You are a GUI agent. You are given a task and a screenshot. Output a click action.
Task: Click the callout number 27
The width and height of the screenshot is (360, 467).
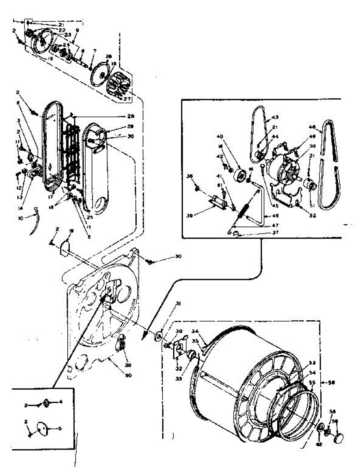(x=127, y=99)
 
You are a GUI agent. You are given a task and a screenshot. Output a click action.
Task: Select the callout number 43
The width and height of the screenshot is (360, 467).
(x=275, y=117)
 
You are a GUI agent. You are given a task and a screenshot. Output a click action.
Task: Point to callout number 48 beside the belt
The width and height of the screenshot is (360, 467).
(x=312, y=126)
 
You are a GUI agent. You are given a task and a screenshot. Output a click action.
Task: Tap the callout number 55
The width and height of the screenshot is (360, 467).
(x=312, y=382)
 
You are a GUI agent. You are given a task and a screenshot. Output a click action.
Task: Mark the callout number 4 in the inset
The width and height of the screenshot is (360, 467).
(x=60, y=401)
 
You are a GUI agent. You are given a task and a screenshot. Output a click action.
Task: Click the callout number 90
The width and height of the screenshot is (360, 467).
(x=128, y=375)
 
